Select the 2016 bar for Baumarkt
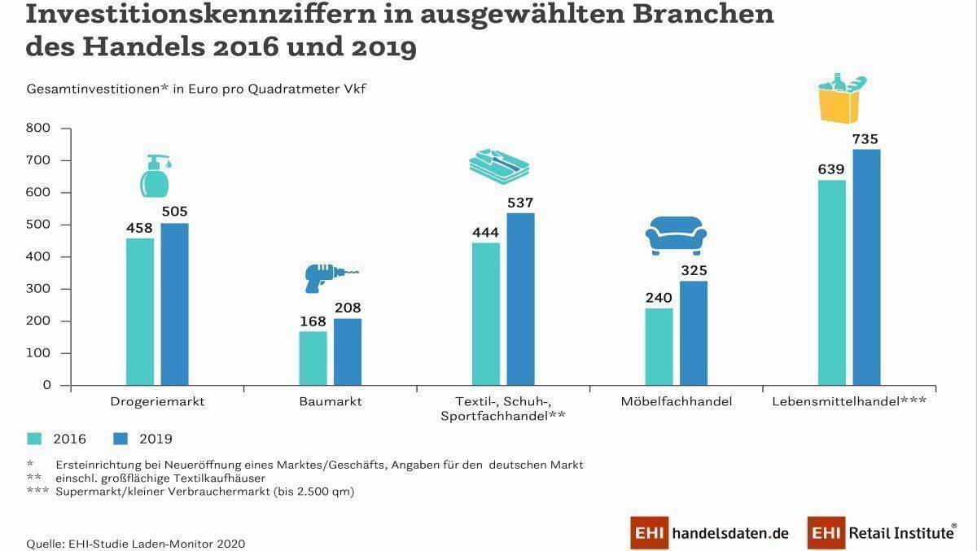tap(313, 358)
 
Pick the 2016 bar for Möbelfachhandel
tap(659, 346)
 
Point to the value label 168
tap(313, 321)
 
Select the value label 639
tap(831, 169)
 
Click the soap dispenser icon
tap(156, 176)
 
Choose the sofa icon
tap(675, 236)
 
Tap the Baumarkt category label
tap(330, 401)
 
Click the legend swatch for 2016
tap(34, 439)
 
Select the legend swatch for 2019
tap(120, 439)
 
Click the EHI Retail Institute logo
tap(882, 533)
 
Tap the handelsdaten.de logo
tap(709, 533)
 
